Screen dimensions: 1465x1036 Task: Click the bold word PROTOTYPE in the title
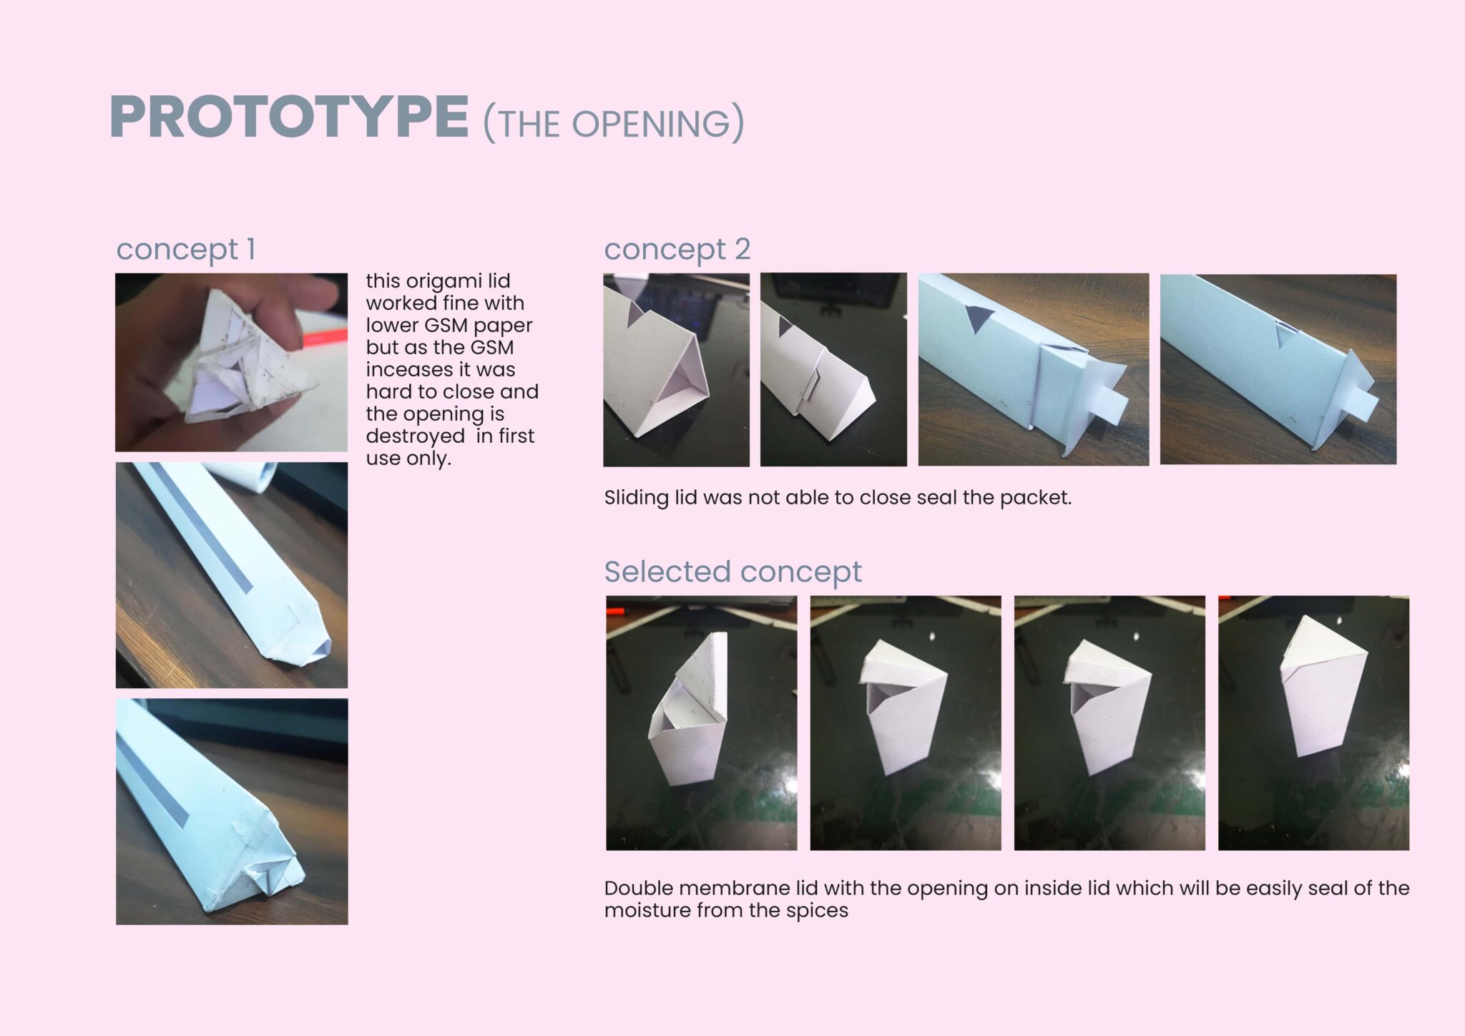pos(289,117)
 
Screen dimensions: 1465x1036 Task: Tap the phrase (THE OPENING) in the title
pos(614,123)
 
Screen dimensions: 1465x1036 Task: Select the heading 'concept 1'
pos(186,249)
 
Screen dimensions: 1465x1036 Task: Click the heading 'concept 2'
pos(677,249)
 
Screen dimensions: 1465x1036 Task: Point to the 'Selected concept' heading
pos(733,572)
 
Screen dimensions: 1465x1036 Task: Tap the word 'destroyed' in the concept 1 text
pos(415,436)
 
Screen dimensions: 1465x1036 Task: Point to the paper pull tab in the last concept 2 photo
pos(1358,406)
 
